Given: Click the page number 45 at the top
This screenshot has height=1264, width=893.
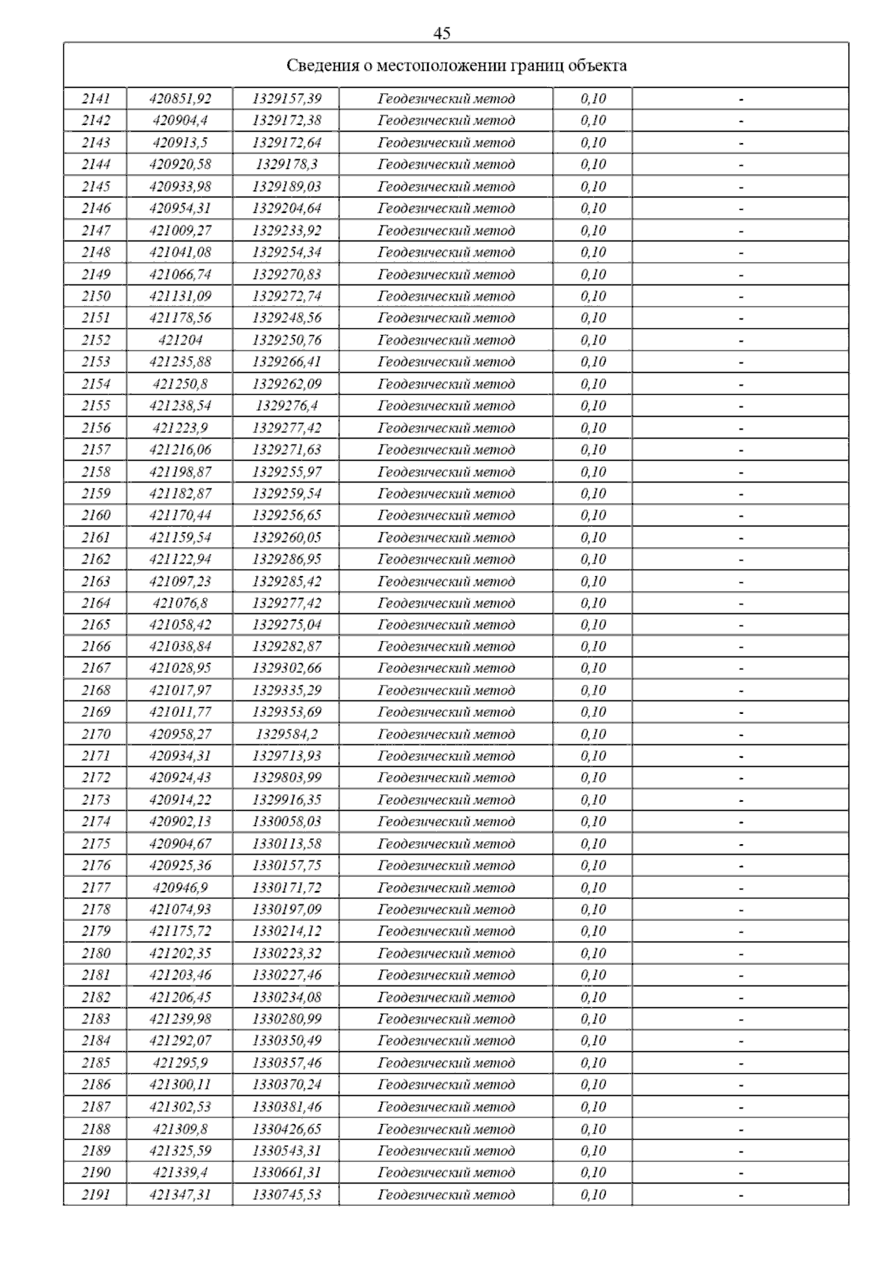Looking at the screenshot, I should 441,33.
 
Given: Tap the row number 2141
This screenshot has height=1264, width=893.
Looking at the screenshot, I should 95,98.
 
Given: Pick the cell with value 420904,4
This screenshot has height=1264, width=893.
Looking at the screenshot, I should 180,121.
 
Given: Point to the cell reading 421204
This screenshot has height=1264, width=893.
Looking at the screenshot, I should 180,340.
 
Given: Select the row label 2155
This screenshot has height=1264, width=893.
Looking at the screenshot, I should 95,406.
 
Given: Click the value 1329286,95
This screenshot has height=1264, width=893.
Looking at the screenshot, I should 287,559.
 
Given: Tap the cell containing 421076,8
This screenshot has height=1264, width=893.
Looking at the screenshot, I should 180,603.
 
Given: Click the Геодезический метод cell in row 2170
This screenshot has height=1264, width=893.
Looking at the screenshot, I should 446,735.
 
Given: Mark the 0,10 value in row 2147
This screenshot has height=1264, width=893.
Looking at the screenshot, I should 593,231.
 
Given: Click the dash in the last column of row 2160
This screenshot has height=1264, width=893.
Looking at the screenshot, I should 740,516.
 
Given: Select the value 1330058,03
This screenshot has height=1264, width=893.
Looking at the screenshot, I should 287,822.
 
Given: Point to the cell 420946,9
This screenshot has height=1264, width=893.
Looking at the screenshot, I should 180,888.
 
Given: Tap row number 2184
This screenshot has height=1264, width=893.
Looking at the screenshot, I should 95,1041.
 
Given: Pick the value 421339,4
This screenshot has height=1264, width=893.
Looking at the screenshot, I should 180,1172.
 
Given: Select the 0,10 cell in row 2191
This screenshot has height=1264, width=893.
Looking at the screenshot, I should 593,1195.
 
